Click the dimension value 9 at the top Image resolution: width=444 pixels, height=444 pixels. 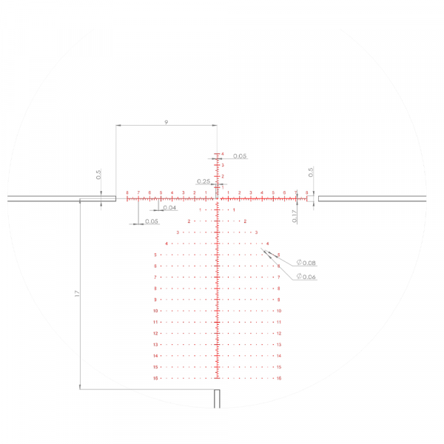point(166,121)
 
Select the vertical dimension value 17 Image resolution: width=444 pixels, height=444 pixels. point(77,294)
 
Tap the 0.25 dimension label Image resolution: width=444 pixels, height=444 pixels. point(203,181)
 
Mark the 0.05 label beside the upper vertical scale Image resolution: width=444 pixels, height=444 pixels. point(240,156)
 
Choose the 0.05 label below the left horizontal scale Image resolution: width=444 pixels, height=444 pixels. point(152,221)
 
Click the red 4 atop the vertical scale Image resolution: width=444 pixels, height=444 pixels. point(222,154)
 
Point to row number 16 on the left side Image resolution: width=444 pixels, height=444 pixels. point(156,378)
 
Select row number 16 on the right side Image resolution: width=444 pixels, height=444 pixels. point(279,378)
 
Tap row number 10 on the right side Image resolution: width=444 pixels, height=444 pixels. point(279,311)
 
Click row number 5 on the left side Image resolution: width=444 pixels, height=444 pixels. point(156,255)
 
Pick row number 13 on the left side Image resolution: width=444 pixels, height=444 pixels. point(156,345)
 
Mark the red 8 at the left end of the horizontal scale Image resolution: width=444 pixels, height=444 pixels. point(127,193)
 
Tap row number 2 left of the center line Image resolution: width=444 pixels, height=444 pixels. point(189,221)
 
